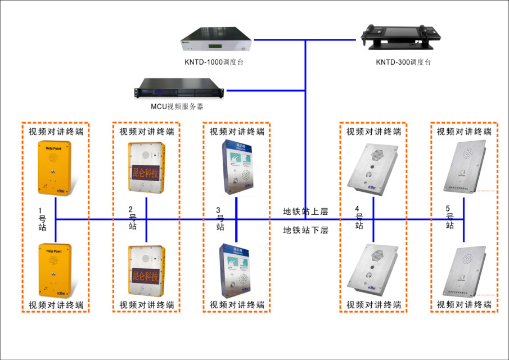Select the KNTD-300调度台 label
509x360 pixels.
(x=403, y=62)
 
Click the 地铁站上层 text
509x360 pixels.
(x=305, y=211)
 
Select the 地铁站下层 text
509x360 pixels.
(x=305, y=230)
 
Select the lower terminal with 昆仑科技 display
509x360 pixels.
(x=147, y=270)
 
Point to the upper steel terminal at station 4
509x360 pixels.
(x=373, y=168)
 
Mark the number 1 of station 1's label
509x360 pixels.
(x=40, y=211)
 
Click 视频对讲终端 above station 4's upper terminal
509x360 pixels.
(x=373, y=132)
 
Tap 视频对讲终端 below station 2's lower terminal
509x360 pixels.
(x=147, y=305)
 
